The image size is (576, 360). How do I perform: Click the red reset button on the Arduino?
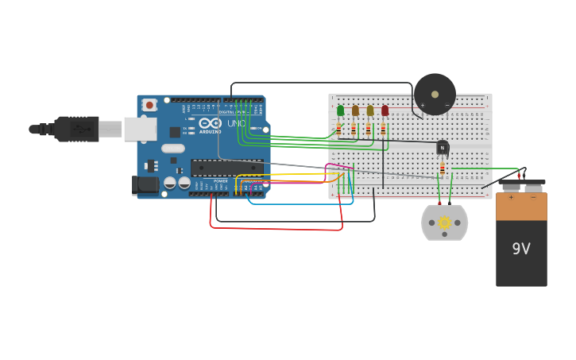149,104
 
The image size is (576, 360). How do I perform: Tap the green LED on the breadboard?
340,110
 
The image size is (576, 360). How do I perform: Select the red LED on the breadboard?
385,110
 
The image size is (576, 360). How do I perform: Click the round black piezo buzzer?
435,94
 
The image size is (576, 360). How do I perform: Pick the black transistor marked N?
443,147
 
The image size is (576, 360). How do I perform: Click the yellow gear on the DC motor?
444,223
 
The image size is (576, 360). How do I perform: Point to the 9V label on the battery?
521,249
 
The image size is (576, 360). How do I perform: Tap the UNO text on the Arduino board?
237,123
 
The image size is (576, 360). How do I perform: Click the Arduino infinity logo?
210,123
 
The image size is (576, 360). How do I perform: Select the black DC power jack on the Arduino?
145,184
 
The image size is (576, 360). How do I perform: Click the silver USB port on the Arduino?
140,129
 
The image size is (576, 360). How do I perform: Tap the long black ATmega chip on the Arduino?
226,167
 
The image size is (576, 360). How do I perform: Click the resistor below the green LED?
338,129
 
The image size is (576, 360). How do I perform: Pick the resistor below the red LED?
383,129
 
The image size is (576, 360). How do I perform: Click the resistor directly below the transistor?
443,168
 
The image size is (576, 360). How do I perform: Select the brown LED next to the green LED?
355,110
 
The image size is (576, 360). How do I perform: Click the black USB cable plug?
76,129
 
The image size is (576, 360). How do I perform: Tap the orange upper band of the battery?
521,206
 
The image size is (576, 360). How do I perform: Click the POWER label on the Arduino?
220,180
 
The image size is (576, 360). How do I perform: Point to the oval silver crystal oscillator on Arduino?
172,148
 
